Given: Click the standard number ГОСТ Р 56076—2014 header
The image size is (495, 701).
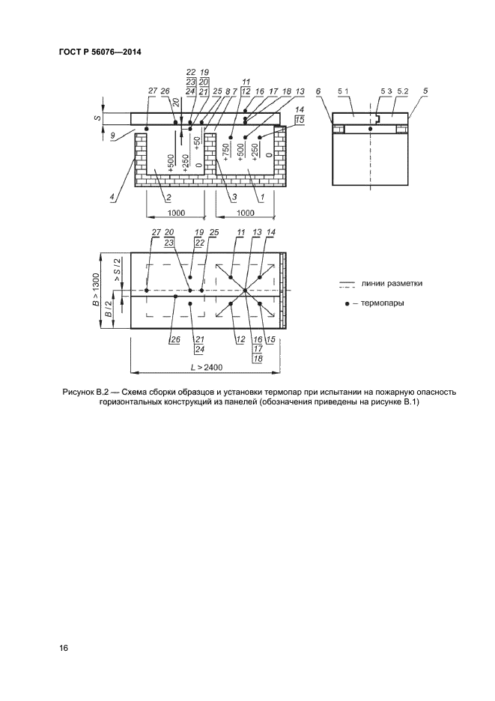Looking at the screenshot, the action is pyautogui.click(x=100, y=52).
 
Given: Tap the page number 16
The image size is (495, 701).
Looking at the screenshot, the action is pyautogui.click(x=64, y=649).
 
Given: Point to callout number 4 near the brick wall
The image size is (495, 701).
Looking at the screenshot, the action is pyautogui.click(x=112, y=198).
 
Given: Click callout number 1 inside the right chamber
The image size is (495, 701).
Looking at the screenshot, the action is pyautogui.click(x=260, y=198).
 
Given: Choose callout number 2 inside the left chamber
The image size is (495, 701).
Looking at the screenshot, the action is pyautogui.click(x=168, y=198).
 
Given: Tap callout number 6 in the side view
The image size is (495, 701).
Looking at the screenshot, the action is pyautogui.click(x=318, y=91).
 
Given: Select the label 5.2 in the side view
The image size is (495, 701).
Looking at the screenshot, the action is pyautogui.click(x=402, y=91).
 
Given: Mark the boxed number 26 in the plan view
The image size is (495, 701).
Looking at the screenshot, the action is pyautogui.click(x=175, y=339).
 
